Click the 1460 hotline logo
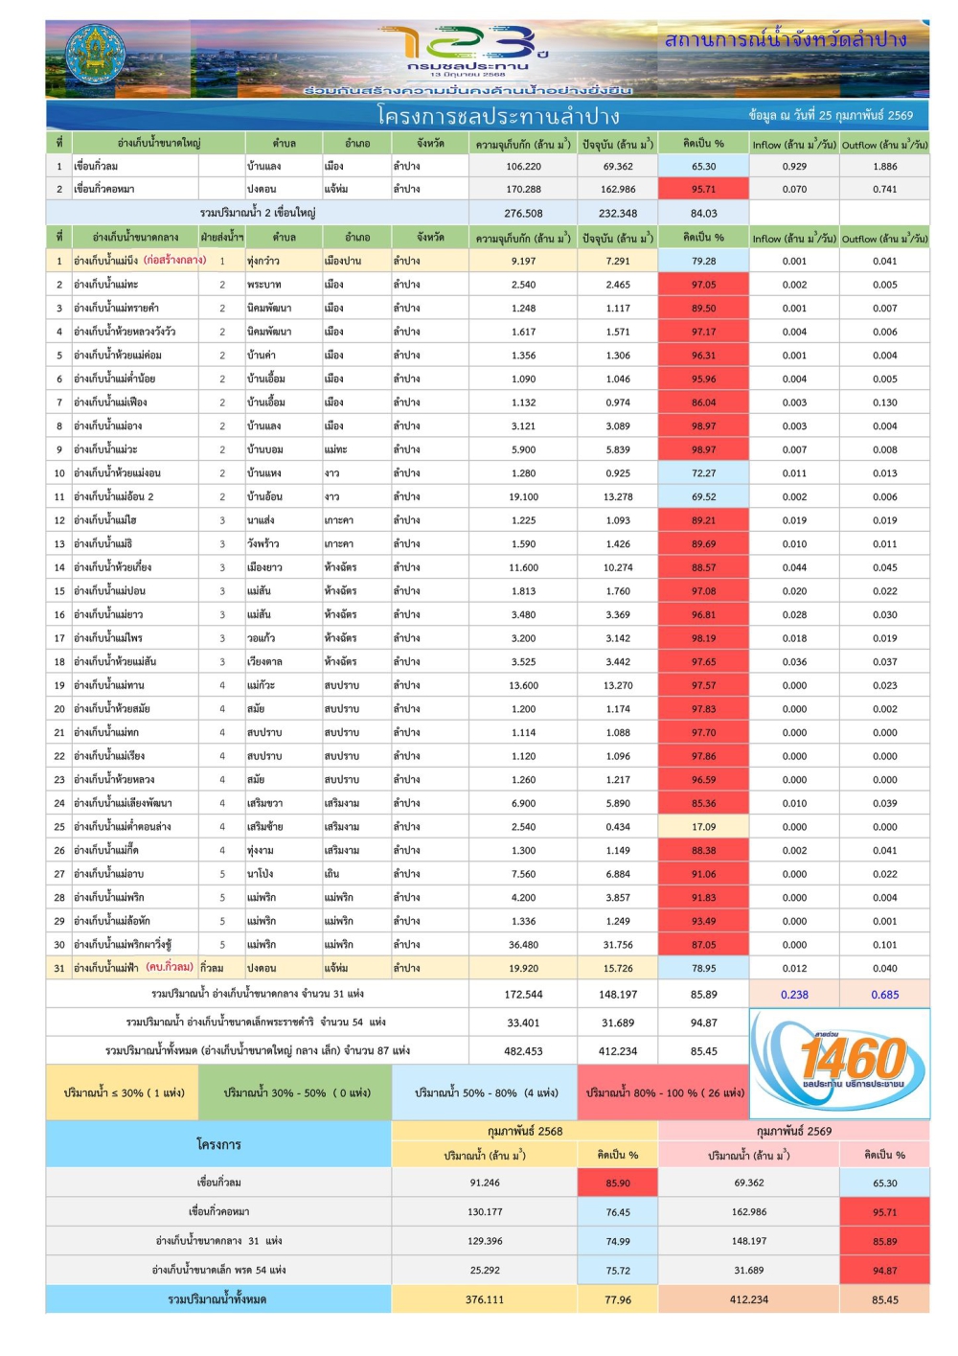tap(840, 1063)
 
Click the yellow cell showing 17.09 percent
tap(703, 827)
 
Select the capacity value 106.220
tap(523, 166)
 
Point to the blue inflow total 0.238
tap(794, 995)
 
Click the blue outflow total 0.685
tap(885, 995)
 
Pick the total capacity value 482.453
tap(523, 1051)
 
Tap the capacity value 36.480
tap(523, 945)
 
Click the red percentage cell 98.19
tap(703, 638)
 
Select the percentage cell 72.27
tap(703, 473)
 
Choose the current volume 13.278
tap(618, 496)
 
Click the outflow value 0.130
tap(885, 402)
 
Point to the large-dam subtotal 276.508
tap(523, 214)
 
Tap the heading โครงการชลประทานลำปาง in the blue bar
tap(498, 116)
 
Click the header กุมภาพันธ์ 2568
tap(525, 1131)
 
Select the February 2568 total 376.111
tap(485, 1299)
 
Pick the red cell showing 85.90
tap(618, 1183)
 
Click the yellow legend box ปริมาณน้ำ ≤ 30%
tap(124, 1092)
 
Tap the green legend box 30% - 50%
tap(296, 1092)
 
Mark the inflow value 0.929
tap(794, 166)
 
